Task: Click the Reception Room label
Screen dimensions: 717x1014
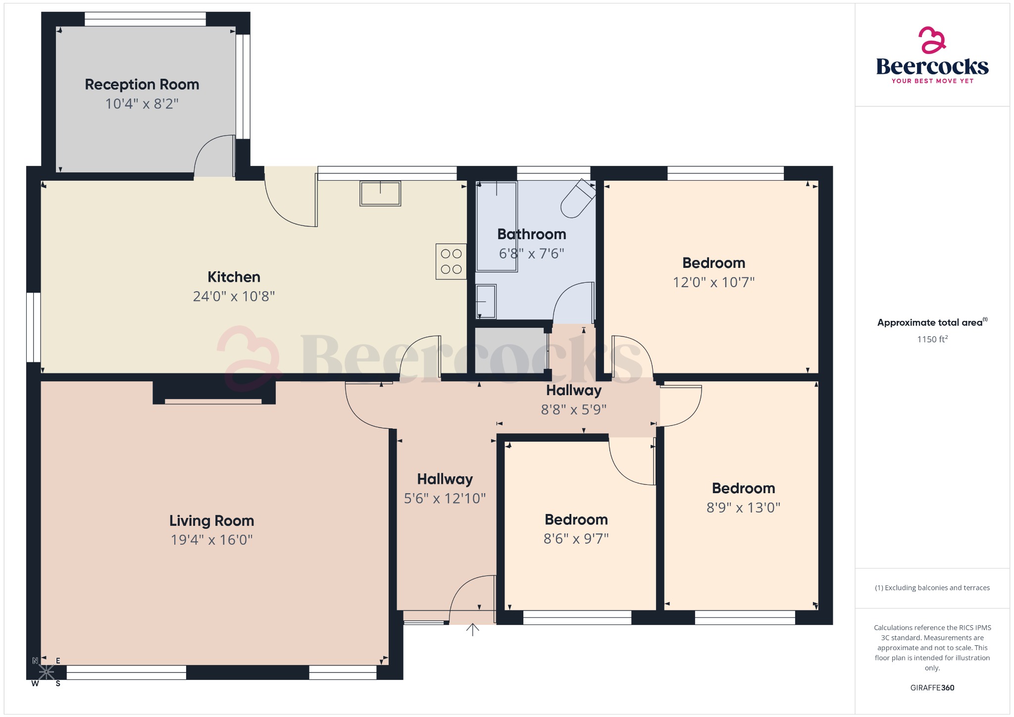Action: click(x=142, y=85)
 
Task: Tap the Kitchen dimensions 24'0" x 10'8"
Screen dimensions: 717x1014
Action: click(x=234, y=296)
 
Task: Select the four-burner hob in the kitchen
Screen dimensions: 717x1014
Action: click(x=451, y=261)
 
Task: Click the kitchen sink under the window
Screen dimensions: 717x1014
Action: click(x=380, y=193)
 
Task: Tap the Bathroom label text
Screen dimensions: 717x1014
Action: click(x=532, y=234)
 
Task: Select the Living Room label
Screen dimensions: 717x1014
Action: click(x=211, y=521)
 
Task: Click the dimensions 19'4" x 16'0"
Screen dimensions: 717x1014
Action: click(x=211, y=540)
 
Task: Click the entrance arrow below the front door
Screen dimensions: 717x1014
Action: click(x=473, y=629)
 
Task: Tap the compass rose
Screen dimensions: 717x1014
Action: click(x=47, y=672)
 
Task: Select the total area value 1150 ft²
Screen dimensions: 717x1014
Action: click(x=932, y=339)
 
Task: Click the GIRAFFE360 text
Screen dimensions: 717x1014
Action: click(x=932, y=687)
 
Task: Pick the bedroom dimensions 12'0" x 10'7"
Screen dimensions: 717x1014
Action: click(x=713, y=282)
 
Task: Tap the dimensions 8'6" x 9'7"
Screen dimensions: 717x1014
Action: click(x=576, y=539)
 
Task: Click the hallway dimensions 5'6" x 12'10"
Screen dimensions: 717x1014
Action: click(x=445, y=499)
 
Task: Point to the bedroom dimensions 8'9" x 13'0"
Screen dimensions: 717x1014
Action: click(x=743, y=508)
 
